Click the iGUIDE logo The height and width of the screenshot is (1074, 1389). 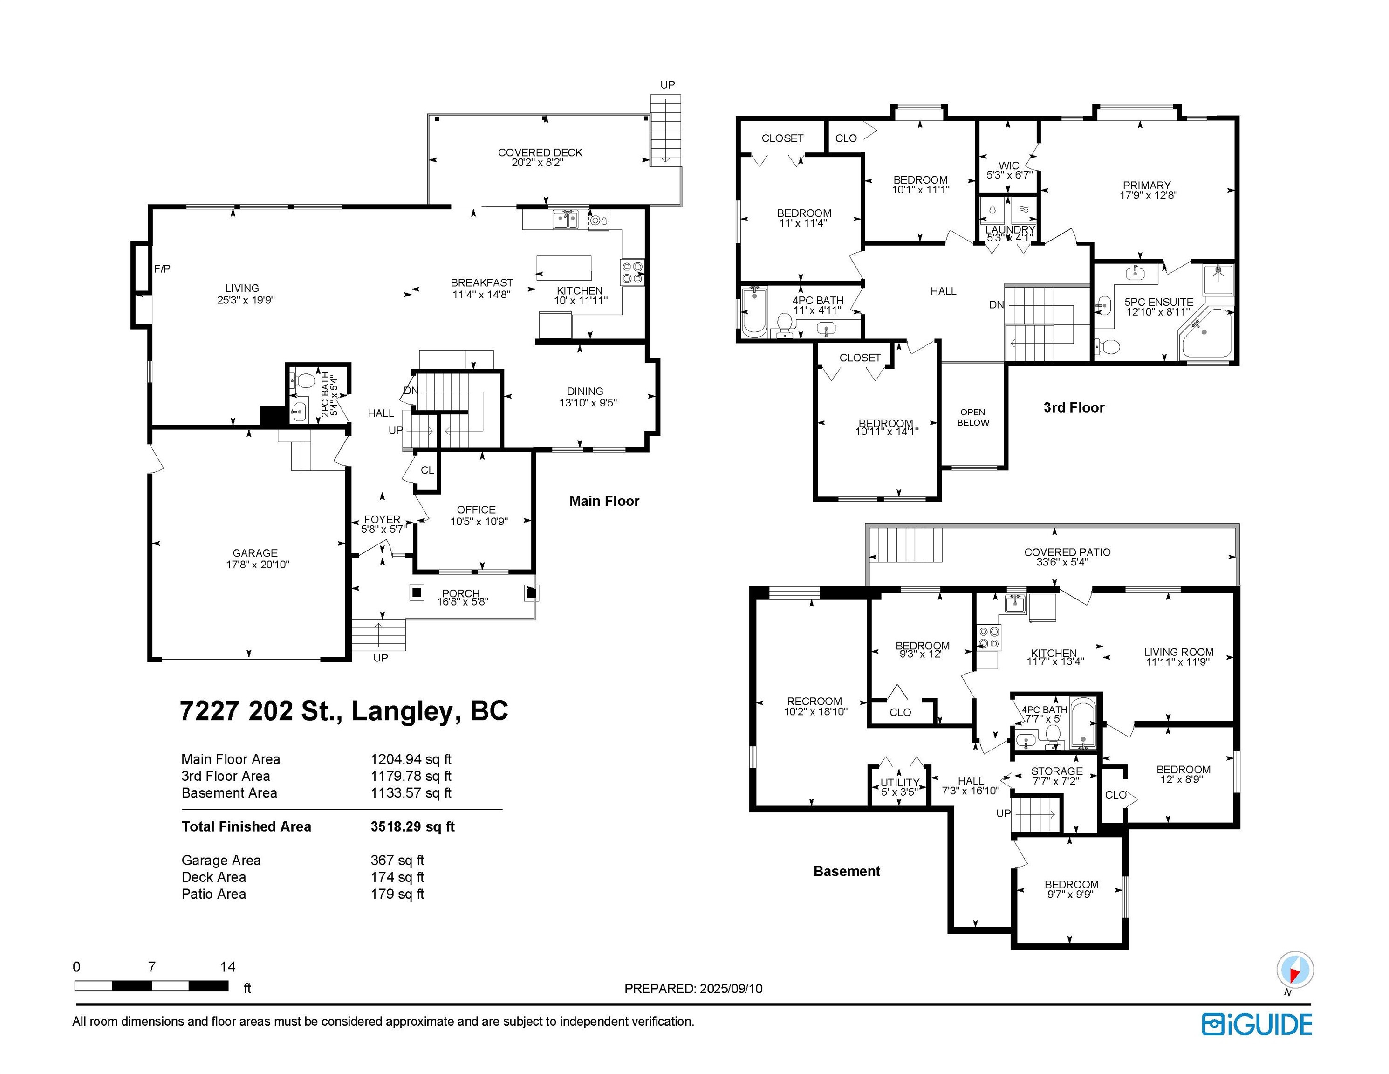1257,1025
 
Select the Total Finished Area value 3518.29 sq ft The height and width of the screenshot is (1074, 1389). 412,826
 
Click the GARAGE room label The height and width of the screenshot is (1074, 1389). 254,553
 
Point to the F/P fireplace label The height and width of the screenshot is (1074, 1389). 162,269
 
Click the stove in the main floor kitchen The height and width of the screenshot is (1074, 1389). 632,272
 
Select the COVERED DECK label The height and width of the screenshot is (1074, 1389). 540,153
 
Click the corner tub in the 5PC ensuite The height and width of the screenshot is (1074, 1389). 1206,334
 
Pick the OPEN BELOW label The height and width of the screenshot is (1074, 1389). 973,417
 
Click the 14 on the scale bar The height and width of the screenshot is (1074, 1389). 228,967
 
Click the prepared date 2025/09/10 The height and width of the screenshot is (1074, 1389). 731,989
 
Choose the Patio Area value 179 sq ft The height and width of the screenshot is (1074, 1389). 397,894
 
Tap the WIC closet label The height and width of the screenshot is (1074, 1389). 1009,165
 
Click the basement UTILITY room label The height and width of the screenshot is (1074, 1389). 899,783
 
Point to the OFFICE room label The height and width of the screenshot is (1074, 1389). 476,509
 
